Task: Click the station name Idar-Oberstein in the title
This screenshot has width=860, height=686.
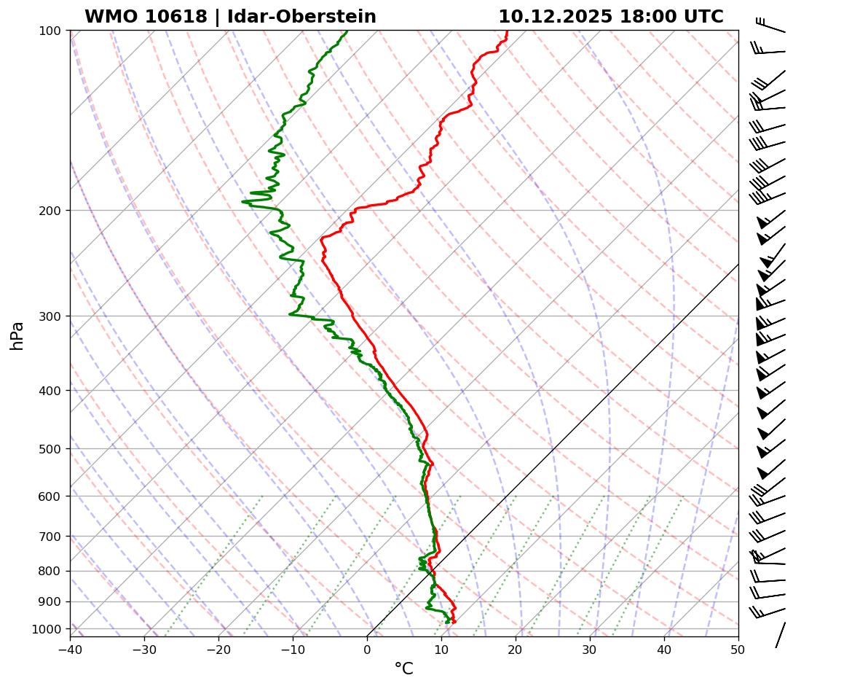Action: coord(301,17)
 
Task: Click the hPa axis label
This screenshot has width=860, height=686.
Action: coord(17,335)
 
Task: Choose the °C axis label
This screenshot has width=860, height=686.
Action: coord(403,669)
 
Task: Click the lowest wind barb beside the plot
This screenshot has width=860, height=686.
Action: coord(781,634)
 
